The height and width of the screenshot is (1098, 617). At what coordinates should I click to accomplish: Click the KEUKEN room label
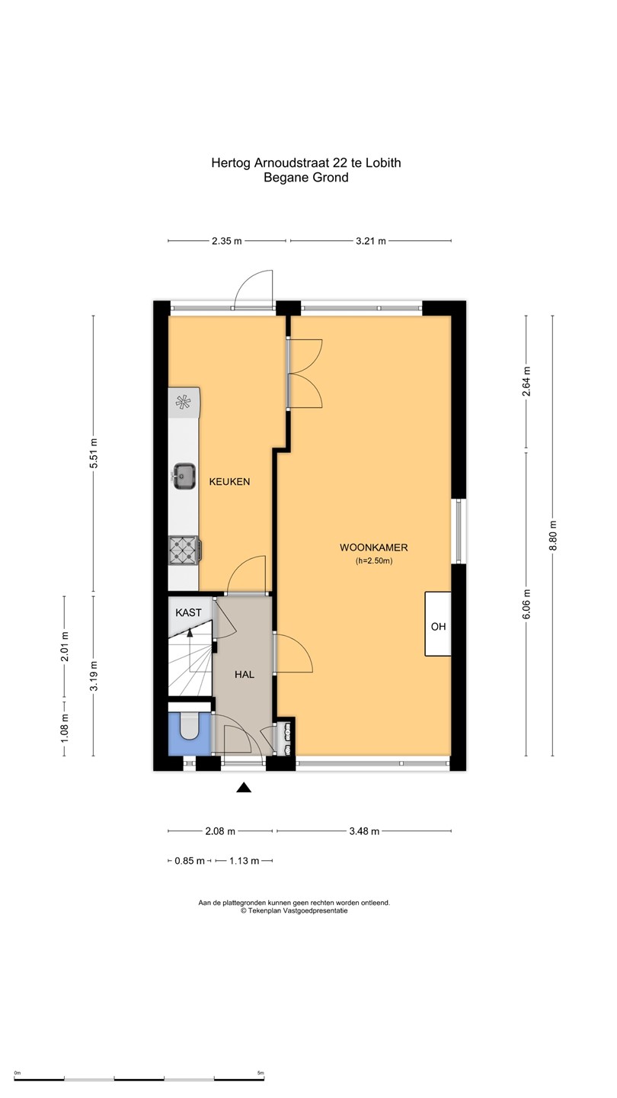click(x=229, y=481)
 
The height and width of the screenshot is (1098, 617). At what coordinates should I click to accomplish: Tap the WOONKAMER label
click(x=373, y=547)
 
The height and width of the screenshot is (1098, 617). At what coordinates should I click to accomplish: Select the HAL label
click(x=245, y=675)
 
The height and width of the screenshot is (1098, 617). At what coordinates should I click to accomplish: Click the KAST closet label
click(x=189, y=613)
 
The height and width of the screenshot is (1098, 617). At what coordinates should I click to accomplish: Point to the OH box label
click(x=438, y=627)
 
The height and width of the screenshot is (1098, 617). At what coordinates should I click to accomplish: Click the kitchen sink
click(x=184, y=476)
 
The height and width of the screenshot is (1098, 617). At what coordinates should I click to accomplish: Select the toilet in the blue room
click(x=189, y=726)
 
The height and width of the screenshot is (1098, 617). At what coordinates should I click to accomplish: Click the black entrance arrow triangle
click(x=244, y=787)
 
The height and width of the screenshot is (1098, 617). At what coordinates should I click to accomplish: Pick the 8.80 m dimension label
click(x=553, y=535)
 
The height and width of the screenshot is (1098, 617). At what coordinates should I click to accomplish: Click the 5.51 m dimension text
click(x=94, y=453)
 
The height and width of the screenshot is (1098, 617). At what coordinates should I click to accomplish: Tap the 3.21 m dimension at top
click(x=371, y=241)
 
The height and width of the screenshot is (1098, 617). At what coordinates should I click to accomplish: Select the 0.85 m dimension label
click(x=190, y=861)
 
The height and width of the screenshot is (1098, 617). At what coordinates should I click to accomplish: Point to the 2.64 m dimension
click(x=526, y=381)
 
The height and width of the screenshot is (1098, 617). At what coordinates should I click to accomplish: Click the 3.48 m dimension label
click(x=364, y=831)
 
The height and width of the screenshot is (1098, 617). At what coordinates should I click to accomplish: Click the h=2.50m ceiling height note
click(x=374, y=561)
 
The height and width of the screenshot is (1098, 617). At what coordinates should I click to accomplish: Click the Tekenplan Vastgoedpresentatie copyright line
click(x=294, y=910)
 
